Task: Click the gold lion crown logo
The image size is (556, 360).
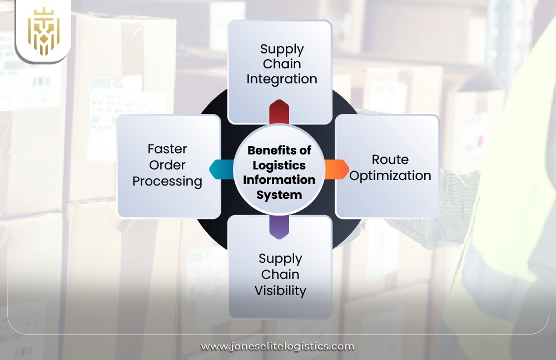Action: point(43,31)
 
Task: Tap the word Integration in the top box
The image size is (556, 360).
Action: point(282,79)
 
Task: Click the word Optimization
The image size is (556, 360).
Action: point(390,176)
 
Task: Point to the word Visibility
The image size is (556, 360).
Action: point(280,290)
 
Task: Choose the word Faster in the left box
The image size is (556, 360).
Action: point(167,149)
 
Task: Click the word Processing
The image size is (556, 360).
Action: point(167,181)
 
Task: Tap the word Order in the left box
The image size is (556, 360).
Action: point(167,165)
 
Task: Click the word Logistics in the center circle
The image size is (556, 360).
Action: point(279,165)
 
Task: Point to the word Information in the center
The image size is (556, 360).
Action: point(279,180)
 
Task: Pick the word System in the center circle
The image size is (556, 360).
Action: point(279,195)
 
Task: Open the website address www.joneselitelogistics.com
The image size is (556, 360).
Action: point(277,346)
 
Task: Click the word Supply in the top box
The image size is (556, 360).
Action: point(282,49)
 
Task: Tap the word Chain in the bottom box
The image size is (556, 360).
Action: point(280,274)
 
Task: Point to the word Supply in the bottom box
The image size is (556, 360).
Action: point(280,259)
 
